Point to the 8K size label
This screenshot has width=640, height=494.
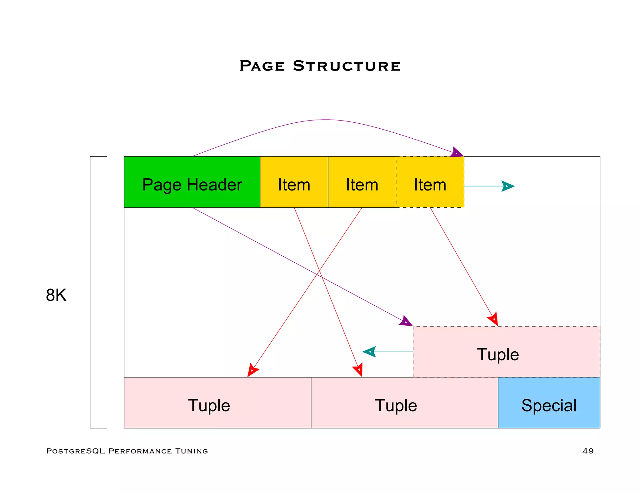(x=56, y=295)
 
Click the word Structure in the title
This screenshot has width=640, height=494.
(x=347, y=66)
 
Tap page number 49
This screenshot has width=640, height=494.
(x=588, y=451)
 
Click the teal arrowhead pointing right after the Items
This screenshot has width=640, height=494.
(x=508, y=186)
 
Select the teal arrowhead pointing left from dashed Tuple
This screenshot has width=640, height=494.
(x=369, y=352)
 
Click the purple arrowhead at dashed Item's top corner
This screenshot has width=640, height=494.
(x=457, y=153)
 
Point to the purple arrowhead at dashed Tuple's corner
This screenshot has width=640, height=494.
(x=406, y=322)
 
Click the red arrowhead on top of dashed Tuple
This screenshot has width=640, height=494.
(x=493, y=319)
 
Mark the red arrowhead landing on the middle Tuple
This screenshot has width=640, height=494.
(x=358, y=370)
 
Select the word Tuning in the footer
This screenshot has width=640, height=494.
(x=191, y=451)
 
